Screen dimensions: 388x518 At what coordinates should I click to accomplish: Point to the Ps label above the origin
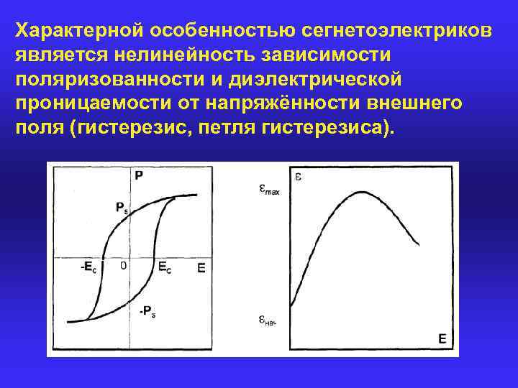[122, 208]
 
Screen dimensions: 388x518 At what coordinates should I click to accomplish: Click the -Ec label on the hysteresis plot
[88, 267]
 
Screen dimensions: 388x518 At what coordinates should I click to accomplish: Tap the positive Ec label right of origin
[165, 267]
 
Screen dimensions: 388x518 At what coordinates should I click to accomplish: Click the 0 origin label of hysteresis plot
[123, 265]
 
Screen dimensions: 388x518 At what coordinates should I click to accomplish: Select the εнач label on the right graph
[268, 320]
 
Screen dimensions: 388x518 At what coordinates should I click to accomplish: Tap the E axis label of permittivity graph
[442, 338]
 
